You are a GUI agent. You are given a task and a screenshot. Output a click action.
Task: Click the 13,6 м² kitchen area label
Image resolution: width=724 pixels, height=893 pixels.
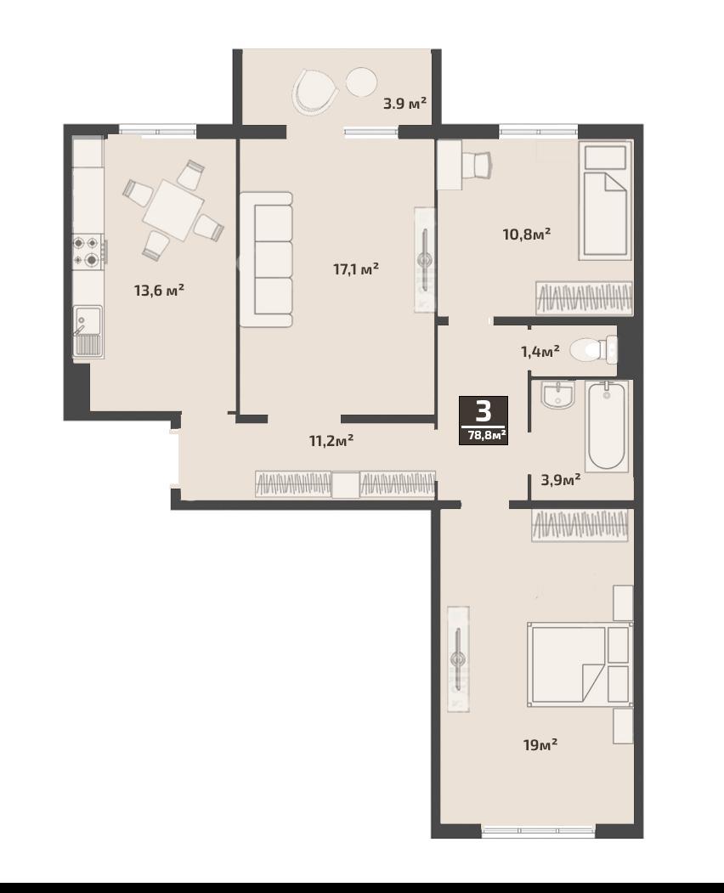click(159, 291)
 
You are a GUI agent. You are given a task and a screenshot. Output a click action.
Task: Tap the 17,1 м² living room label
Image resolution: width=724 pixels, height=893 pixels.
click(356, 268)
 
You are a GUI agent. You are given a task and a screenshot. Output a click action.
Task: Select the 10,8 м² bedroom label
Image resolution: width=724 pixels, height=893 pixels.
click(526, 234)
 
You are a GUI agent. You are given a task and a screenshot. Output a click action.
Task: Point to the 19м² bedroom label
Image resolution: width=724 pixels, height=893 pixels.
click(540, 744)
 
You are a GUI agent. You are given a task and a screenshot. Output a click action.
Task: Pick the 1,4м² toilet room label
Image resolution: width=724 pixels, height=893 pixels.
click(540, 351)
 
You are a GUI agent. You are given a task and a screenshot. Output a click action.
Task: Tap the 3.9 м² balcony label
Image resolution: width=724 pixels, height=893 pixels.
click(405, 104)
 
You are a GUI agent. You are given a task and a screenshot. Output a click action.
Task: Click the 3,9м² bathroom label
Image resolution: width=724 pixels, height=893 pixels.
click(561, 479)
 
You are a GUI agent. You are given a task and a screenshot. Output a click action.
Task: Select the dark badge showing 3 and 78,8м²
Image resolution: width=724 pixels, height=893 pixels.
click(484, 421)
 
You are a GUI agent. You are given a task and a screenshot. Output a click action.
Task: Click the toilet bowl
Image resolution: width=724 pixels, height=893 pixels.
click(593, 349)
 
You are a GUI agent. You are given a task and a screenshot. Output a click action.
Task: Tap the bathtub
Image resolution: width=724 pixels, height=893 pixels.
click(608, 426)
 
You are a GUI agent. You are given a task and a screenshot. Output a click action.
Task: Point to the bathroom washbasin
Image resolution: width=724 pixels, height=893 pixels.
click(558, 395)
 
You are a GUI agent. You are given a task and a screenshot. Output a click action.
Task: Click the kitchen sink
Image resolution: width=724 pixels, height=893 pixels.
click(88, 331)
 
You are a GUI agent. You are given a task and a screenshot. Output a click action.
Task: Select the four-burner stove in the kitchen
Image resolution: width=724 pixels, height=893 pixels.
click(88, 252)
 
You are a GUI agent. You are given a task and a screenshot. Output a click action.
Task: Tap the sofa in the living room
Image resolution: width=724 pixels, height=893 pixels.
click(266, 259)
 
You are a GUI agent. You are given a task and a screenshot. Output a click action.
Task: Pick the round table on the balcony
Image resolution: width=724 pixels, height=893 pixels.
click(362, 82)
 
